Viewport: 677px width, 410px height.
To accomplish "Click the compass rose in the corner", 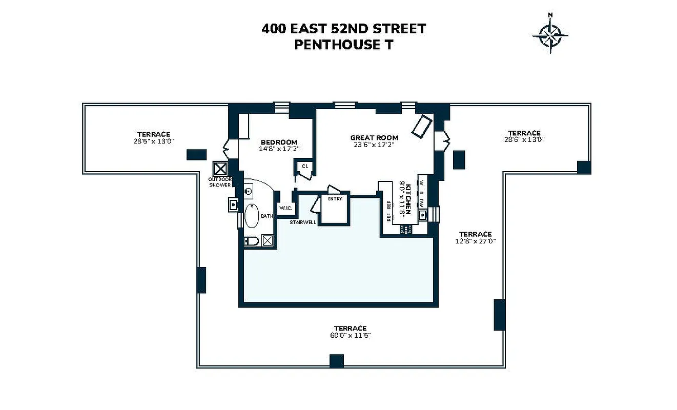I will pyautogui.click(x=550, y=35).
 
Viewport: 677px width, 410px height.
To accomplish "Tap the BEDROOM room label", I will pyautogui.click(x=279, y=142).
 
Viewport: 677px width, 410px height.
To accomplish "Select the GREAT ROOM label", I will pyautogui.click(x=374, y=137).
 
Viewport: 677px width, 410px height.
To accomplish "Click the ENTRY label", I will pyautogui.click(x=335, y=198).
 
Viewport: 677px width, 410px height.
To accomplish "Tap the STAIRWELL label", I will pyautogui.click(x=302, y=222).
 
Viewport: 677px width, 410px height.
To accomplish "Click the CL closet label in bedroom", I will pyautogui.click(x=304, y=166).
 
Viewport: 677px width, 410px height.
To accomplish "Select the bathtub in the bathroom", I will pyautogui.click(x=252, y=216).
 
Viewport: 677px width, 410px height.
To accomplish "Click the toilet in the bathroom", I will pyautogui.click(x=251, y=241).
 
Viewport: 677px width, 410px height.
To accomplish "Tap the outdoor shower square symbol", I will pyautogui.click(x=220, y=169).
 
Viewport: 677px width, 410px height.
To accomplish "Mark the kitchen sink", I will pyautogui.click(x=422, y=215).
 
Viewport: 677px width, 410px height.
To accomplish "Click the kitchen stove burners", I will pyautogui.click(x=406, y=229).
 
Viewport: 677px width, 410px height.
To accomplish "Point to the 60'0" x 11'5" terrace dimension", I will pyautogui.click(x=351, y=336).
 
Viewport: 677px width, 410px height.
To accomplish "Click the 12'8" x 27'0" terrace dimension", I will pyautogui.click(x=475, y=241).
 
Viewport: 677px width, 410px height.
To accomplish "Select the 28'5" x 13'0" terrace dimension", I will pyautogui.click(x=153, y=141).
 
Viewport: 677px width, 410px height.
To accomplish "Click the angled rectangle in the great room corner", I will pyautogui.click(x=423, y=126).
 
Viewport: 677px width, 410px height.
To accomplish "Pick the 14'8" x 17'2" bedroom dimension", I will pyautogui.click(x=279, y=149).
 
